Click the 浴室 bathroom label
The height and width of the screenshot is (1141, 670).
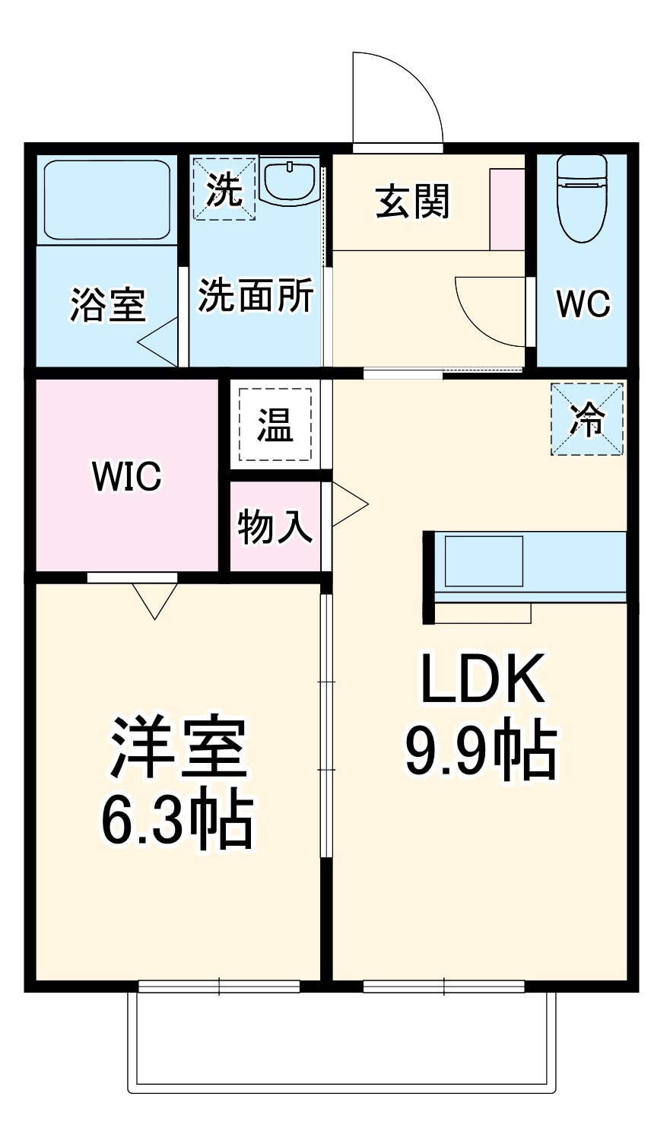[107, 305]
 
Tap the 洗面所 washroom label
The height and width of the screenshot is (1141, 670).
[256, 295]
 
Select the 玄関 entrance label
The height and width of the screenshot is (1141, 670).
[413, 202]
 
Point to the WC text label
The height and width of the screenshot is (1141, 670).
[583, 304]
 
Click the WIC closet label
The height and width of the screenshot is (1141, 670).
[126, 477]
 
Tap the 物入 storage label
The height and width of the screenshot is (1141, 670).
[275, 526]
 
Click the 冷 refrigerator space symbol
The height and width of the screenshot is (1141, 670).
[587, 419]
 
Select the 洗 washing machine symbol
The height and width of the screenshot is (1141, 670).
[224, 189]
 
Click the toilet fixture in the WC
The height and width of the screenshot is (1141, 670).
[582, 196]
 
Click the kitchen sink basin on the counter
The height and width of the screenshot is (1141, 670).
[484, 561]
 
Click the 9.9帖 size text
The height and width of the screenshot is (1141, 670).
[481, 751]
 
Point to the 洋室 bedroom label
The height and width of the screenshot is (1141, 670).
[178, 745]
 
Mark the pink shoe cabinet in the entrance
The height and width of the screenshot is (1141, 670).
[507, 209]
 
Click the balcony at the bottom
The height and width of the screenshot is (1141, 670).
[342, 1042]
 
